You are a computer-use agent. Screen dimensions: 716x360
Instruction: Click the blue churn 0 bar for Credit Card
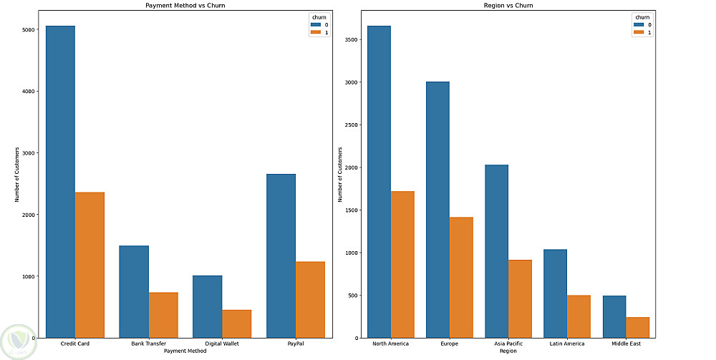point(60,182)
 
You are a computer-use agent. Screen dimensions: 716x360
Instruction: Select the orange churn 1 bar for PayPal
point(310,300)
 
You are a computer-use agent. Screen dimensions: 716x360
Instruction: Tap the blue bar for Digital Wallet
point(208,306)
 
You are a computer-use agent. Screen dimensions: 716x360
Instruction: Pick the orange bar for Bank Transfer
point(163,316)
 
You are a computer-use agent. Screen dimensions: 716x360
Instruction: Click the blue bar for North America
point(379,182)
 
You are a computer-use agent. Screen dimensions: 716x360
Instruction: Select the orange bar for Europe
point(461,278)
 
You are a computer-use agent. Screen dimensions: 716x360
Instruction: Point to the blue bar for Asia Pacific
point(497,251)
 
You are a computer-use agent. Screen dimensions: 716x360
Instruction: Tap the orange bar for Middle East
point(637,328)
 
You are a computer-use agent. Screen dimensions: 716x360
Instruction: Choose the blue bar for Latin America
point(556,294)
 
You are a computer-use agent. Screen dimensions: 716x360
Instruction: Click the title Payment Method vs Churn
point(185,6)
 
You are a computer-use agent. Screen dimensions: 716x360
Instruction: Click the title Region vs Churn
point(508,6)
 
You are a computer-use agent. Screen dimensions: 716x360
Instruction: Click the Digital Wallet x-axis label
point(222,344)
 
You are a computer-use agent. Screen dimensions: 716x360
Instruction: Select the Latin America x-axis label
point(567,344)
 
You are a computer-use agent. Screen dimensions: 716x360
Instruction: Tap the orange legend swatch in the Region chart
point(639,32)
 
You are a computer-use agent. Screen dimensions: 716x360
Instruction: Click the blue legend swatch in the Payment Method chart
point(316,24)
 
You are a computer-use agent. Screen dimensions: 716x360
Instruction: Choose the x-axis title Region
point(508,351)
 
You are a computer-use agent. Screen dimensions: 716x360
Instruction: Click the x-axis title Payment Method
point(185,351)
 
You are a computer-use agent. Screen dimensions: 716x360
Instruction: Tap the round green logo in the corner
point(19,342)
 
